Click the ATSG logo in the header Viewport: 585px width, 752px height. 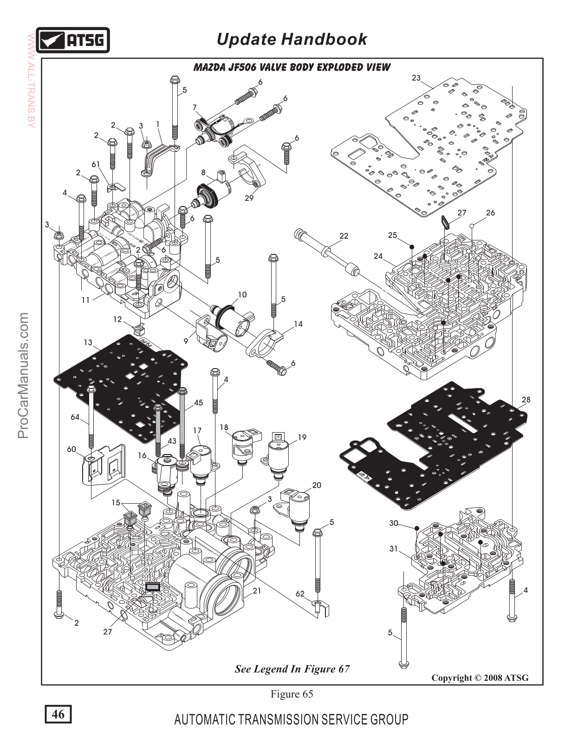73,40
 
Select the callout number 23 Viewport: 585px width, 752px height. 416,78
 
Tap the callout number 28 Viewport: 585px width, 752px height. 526,400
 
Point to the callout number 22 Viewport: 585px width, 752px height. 344,236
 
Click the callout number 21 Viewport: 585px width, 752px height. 257,591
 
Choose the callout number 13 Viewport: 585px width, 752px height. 88,343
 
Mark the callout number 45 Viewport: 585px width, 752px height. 198,402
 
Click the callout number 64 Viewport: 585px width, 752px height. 75,417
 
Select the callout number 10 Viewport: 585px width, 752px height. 242,295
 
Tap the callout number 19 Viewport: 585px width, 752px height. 302,437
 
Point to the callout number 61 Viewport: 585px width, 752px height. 96,164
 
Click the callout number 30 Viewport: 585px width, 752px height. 394,523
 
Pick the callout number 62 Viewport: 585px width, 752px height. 300,594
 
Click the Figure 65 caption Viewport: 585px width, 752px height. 292,694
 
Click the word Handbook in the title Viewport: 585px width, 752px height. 324,39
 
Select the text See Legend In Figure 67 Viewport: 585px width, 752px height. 292,669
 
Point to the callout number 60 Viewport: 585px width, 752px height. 71,449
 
